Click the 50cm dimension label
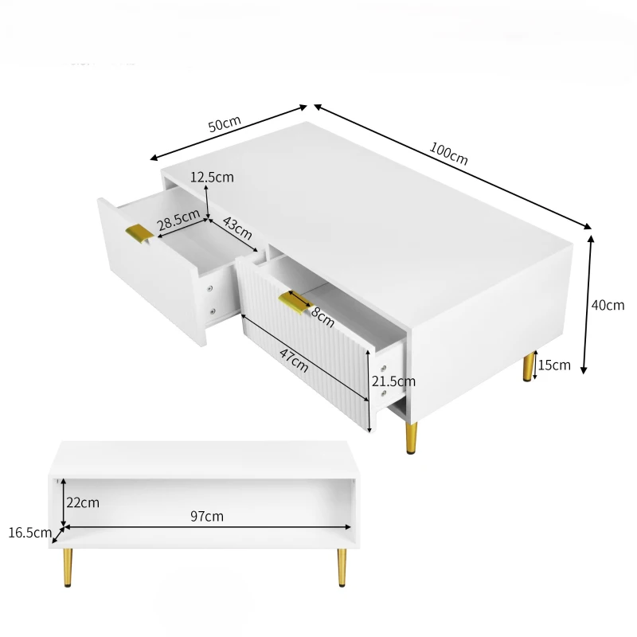tap(224, 125)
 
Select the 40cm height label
tap(608, 305)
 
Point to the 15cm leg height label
tap(554, 365)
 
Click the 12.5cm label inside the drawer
tap(212, 177)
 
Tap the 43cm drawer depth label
tap(236, 229)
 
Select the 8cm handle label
tap(322, 316)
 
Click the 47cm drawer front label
tap(294, 360)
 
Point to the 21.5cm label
tap(393, 381)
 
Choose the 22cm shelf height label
tap(83, 502)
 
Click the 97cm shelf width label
tap(207, 517)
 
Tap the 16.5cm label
tap(29, 533)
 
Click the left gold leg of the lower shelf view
tap(68, 566)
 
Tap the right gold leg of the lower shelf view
tap(342, 566)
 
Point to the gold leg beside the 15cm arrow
tap(527, 367)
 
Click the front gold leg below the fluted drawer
tap(411, 438)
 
